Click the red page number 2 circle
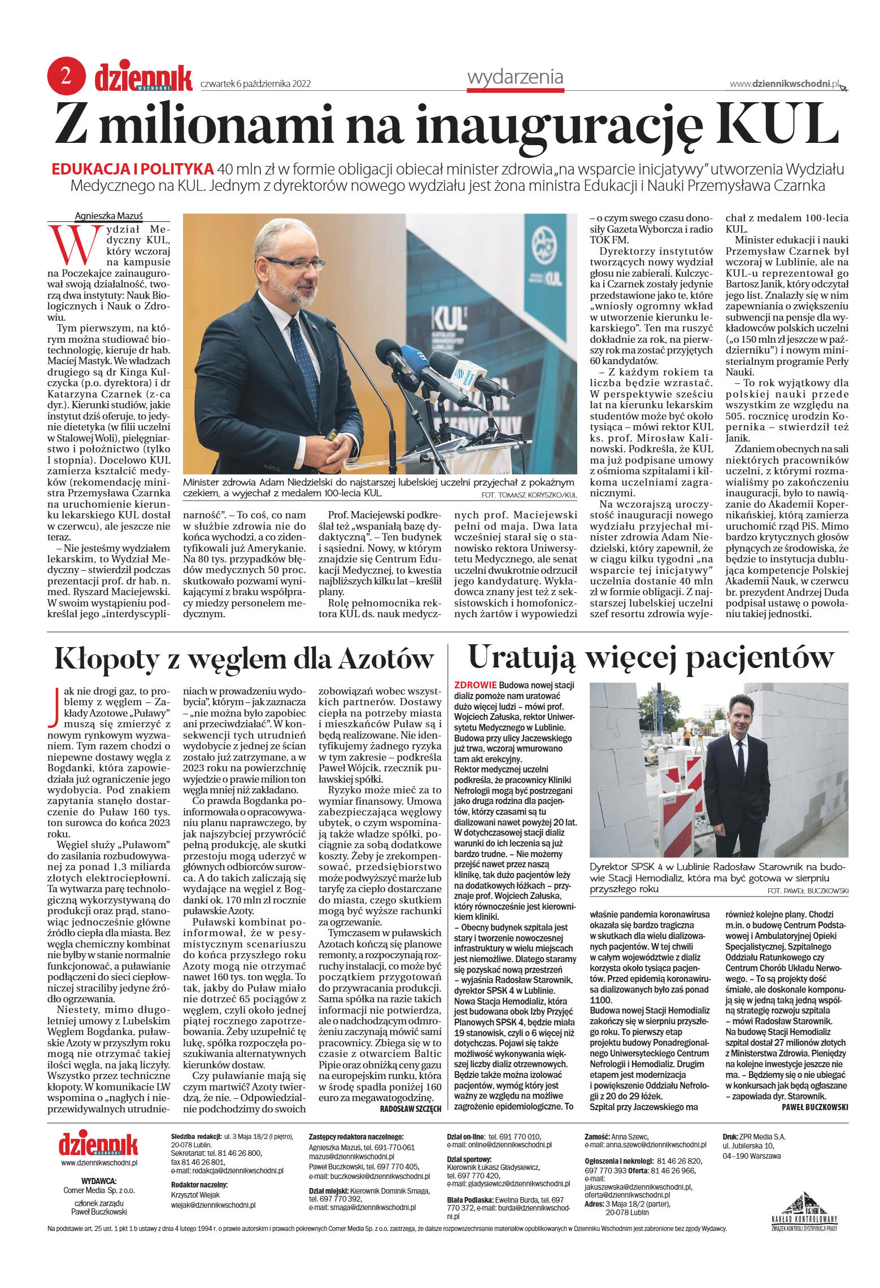click(x=66, y=76)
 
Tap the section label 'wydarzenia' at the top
click(x=515, y=77)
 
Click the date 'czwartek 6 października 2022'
click(x=256, y=84)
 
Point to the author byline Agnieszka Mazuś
click(x=109, y=216)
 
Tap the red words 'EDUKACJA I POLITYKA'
click(x=132, y=169)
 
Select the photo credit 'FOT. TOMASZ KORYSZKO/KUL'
click(x=526, y=495)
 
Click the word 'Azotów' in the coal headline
click(x=386, y=658)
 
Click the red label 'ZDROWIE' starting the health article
click(x=475, y=685)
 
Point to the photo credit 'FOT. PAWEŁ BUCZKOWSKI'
click(x=808, y=890)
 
